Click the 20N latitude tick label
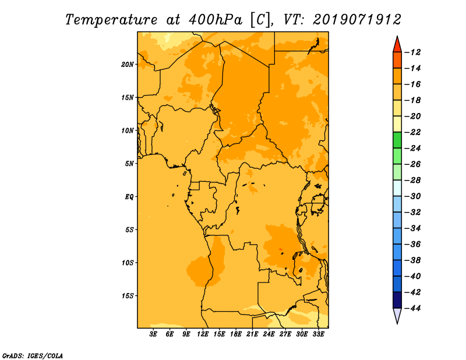tap(128, 65)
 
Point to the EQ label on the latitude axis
tap(129, 197)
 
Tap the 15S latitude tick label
tap(128, 296)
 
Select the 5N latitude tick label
tap(129, 164)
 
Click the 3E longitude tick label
tap(153, 334)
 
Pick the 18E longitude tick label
tap(236, 334)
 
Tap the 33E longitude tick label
tap(318, 334)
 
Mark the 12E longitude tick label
tap(203, 334)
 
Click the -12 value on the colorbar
tap(412, 52)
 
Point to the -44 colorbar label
tap(412, 308)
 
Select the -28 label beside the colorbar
tap(412, 181)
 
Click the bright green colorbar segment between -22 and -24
tap(397, 140)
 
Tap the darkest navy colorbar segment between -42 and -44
tap(397, 300)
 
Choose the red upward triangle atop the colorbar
tap(397, 45)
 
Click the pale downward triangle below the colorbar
tap(397, 315)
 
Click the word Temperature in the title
tap(111, 20)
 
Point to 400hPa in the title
tap(216, 20)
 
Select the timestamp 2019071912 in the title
tap(357, 20)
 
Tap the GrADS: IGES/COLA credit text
tap(33, 355)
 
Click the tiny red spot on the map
tap(280, 249)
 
